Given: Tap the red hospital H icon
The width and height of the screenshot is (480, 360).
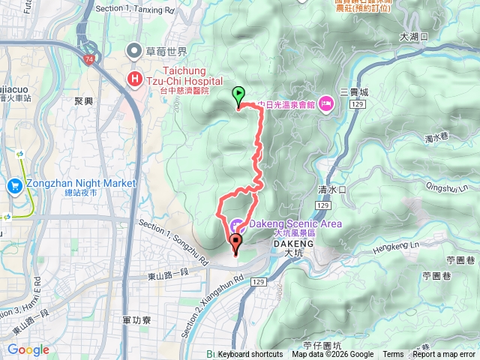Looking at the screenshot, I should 135,78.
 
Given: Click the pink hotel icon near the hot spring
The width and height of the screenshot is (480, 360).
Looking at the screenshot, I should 327,103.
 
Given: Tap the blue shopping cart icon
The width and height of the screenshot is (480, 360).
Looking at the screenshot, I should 14,184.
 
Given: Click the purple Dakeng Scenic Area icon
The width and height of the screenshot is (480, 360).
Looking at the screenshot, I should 237,224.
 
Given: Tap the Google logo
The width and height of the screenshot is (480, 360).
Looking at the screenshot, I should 28,349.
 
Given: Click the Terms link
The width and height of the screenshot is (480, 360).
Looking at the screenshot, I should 393,355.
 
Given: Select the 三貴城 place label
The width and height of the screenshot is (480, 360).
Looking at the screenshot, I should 354,91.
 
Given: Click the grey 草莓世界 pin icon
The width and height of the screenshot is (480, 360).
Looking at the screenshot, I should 135,51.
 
